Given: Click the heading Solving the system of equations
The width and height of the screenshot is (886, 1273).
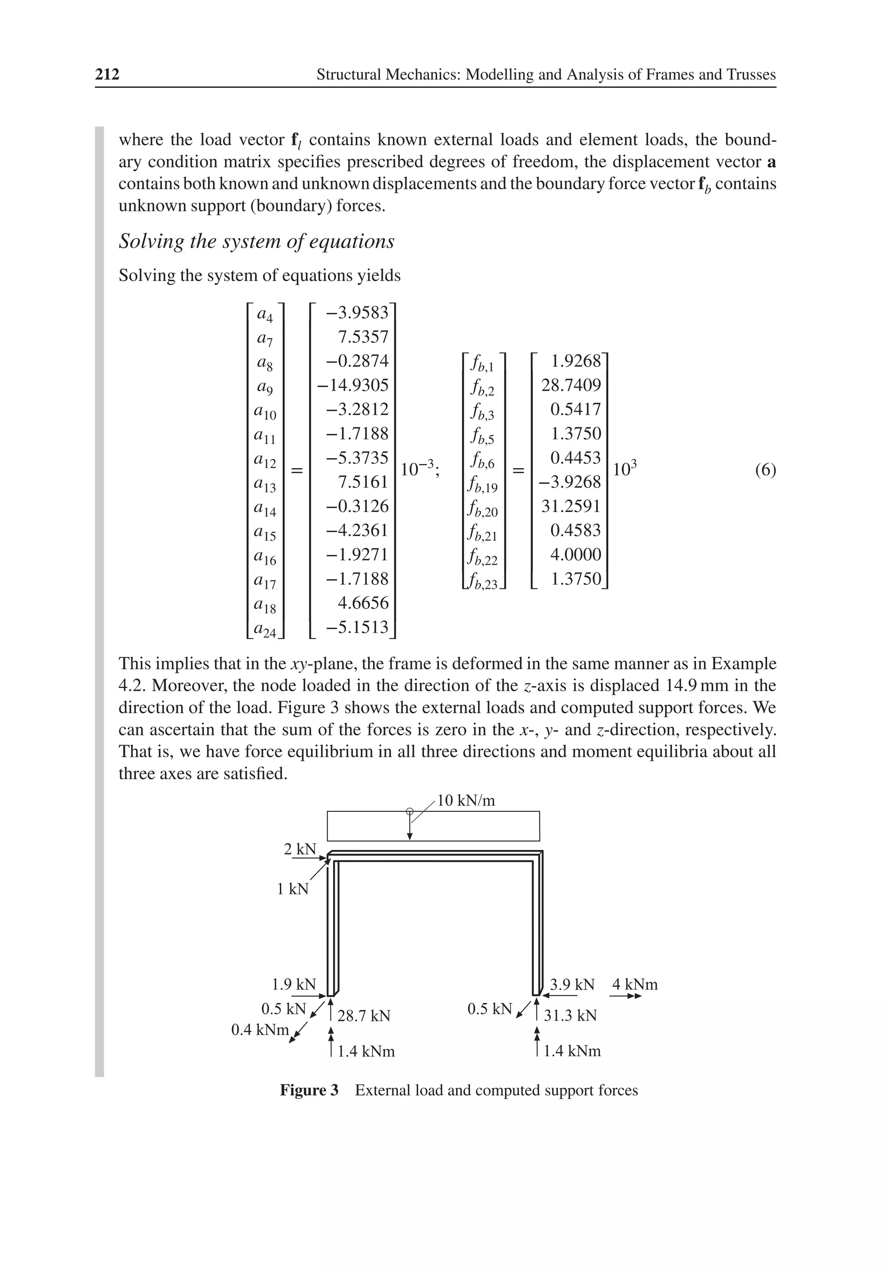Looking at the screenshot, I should (257, 241).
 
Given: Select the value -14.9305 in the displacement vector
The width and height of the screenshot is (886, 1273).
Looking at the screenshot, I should (353, 385).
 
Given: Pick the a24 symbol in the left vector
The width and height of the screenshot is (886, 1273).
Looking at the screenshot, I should (265, 629).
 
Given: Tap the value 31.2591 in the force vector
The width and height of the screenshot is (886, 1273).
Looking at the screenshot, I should (571, 506).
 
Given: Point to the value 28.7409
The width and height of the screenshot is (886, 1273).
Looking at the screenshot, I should (571, 385).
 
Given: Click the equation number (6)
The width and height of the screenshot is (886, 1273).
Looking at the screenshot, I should (765, 470).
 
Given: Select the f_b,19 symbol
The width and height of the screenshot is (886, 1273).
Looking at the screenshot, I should (483, 485).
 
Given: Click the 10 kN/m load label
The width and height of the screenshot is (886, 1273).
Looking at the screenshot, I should (466, 800).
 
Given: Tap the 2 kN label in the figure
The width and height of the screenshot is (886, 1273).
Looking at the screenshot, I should (300, 849).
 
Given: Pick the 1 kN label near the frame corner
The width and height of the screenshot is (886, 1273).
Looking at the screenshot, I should (292, 889).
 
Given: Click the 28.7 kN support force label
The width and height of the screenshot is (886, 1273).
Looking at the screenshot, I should (364, 1016).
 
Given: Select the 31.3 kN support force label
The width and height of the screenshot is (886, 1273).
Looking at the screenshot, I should (570, 1016).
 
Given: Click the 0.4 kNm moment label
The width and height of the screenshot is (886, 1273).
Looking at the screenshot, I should (260, 1030).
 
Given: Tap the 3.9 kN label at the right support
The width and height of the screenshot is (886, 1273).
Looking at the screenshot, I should (572, 985).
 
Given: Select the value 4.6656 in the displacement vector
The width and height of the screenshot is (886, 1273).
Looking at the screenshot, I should (363, 603).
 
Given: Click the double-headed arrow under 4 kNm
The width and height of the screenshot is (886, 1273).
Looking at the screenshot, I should (626, 996).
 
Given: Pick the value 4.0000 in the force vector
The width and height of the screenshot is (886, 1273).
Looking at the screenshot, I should (575, 554).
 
